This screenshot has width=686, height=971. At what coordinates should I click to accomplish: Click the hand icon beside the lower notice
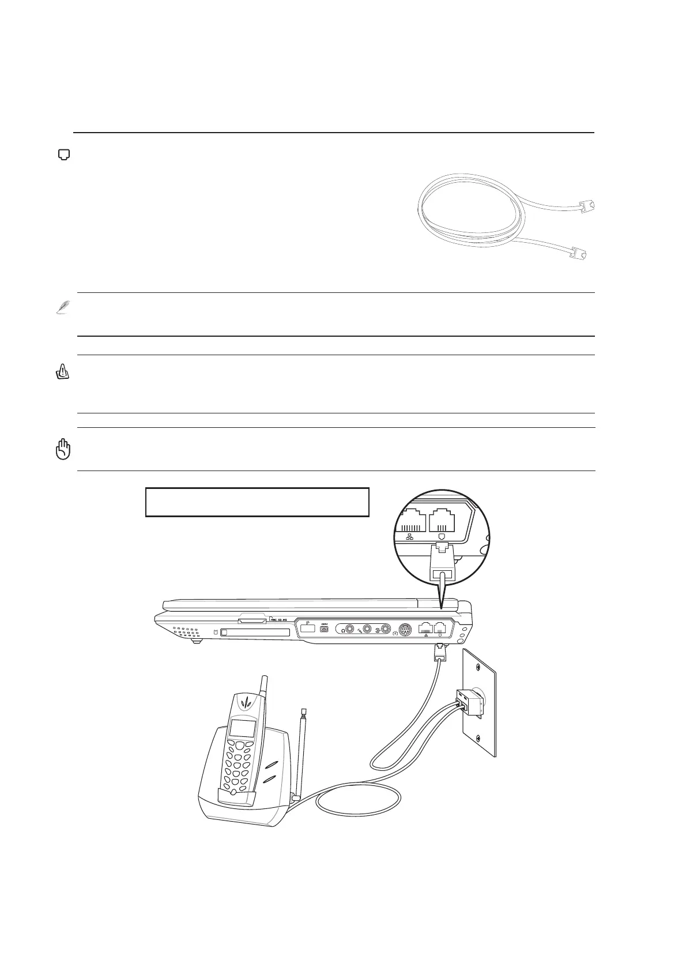click(x=63, y=449)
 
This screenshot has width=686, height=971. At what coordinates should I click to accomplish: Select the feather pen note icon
click(x=62, y=308)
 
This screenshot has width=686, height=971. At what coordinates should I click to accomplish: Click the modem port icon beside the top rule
click(x=65, y=154)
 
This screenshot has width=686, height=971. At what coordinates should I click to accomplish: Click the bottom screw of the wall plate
click(x=479, y=740)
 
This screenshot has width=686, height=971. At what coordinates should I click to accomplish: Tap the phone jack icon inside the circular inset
click(x=442, y=537)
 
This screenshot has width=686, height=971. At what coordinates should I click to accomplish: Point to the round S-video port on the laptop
click(x=405, y=630)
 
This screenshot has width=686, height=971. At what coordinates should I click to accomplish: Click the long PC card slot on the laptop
click(x=256, y=633)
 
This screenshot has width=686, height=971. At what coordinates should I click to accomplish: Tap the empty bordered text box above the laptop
click(x=257, y=502)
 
